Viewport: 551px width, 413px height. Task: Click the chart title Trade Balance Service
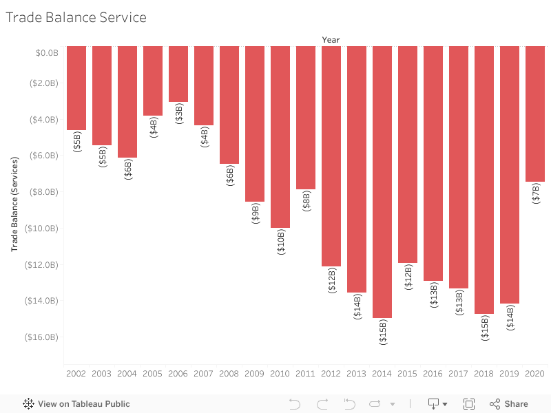(76, 18)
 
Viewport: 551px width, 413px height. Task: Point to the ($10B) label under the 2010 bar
(280, 242)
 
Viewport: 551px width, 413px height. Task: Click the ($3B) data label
(179, 114)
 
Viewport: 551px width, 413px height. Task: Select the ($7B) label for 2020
(536, 193)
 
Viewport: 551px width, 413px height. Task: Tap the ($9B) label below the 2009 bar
(255, 213)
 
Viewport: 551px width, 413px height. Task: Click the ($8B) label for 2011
(306, 201)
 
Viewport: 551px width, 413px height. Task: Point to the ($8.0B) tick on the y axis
(43, 192)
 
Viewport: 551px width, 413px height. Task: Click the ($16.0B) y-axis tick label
(41, 337)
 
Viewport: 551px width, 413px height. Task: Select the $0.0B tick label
(46, 52)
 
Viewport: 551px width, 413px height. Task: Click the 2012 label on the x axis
(331, 374)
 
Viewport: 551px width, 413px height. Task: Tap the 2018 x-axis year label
(484, 374)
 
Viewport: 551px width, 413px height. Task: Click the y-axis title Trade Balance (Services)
(14, 204)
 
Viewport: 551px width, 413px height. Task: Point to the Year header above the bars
(331, 40)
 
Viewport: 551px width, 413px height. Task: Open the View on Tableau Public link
(76, 404)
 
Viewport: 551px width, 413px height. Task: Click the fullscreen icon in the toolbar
(469, 404)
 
